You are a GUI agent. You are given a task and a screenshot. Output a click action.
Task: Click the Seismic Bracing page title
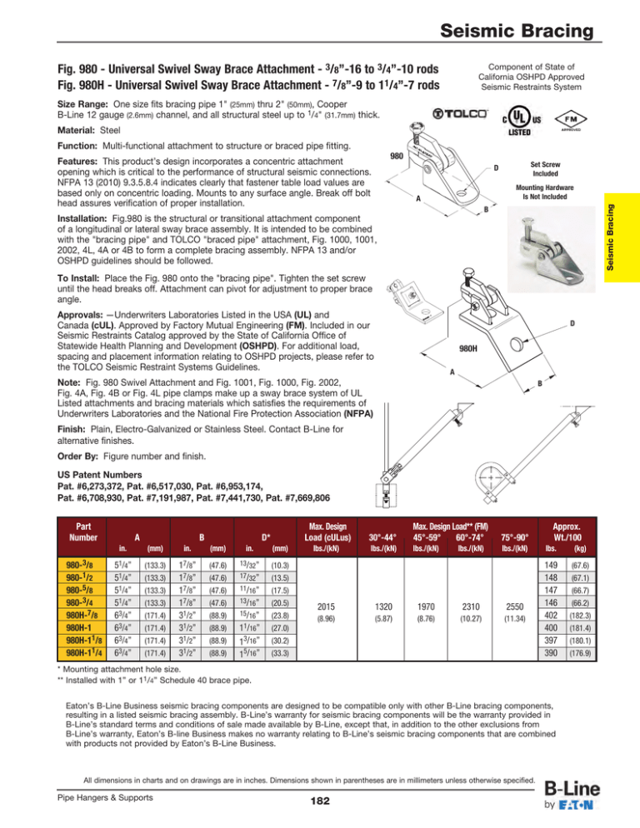[518, 32]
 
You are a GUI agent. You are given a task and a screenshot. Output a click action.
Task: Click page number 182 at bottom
[319, 800]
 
